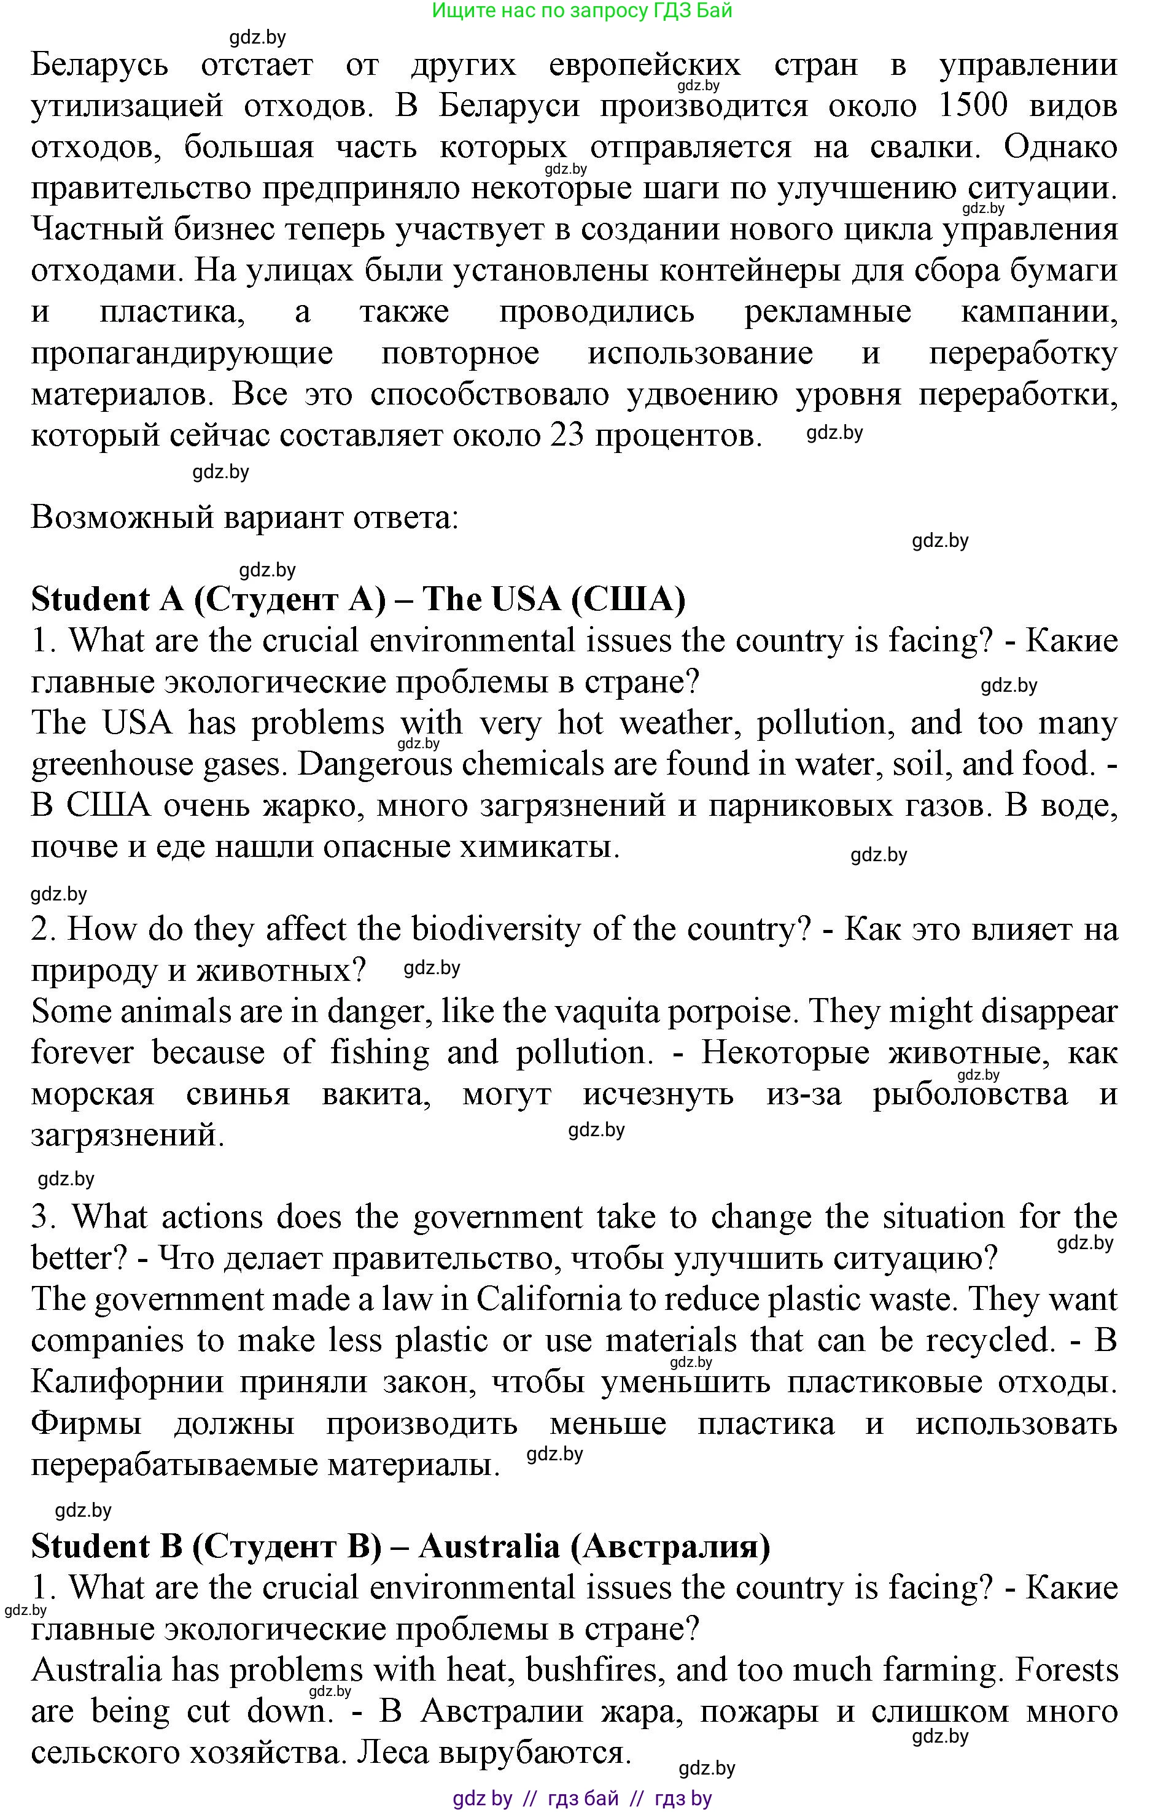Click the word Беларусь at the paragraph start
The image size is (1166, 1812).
pos(99,65)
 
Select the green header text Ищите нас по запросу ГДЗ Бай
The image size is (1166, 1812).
pos(581,10)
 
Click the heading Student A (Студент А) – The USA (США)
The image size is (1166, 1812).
pos(358,600)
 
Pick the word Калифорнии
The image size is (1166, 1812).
pos(127,1382)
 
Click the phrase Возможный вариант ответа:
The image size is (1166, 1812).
pos(244,517)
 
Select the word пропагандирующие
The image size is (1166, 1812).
pos(182,354)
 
